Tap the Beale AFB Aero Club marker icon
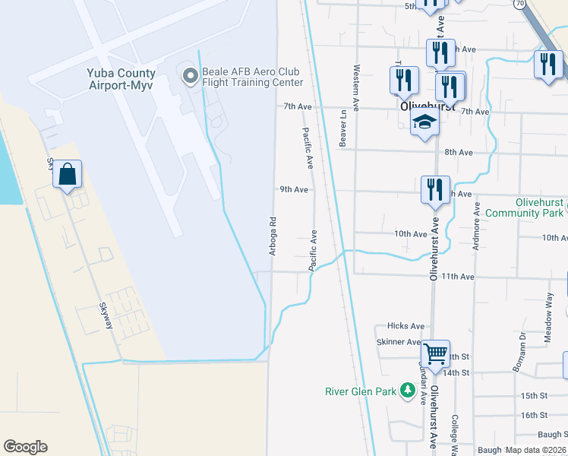pos(188,74)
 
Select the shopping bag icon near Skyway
pos(68,175)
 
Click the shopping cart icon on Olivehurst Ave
pos(435,353)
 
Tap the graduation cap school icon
pos(424,122)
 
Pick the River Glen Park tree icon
pos(408,391)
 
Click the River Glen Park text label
pos(361,391)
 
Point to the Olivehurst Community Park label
pos(524,207)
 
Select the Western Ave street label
pos(355,84)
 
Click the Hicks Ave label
pos(405,326)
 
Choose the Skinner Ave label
pos(399,343)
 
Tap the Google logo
pos(25,447)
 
